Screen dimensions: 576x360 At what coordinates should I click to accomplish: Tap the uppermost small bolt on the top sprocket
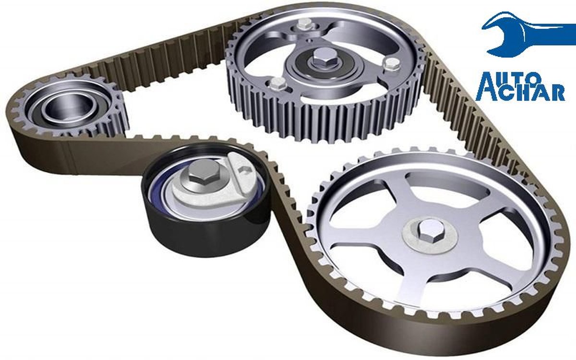(305, 25)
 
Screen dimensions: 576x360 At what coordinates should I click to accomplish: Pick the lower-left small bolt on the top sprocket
(278, 83)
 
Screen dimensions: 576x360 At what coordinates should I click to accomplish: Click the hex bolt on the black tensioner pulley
(204, 175)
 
